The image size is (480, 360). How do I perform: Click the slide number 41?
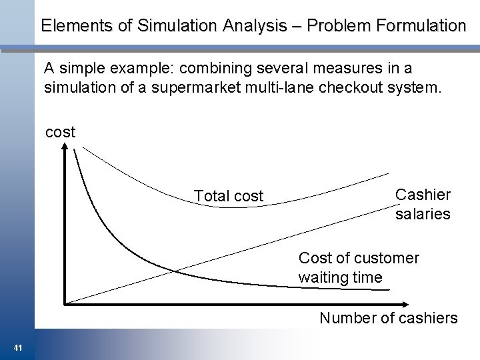click(17, 347)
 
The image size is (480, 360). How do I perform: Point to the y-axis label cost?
click(60, 132)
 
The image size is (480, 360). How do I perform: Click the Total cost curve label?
click(229, 196)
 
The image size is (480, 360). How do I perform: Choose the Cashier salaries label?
click(423, 204)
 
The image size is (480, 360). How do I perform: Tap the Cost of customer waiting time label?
click(359, 267)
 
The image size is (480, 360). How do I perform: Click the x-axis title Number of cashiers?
click(389, 318)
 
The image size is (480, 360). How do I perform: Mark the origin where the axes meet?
click(65, 303)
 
